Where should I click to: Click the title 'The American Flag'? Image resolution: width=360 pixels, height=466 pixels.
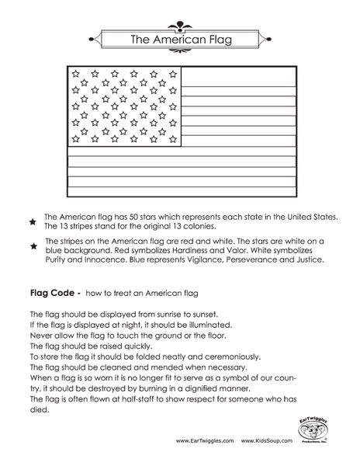point(179,38)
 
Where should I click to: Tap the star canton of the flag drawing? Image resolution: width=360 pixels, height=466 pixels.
point(125,106)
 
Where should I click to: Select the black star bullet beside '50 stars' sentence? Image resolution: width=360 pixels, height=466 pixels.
point(33,222)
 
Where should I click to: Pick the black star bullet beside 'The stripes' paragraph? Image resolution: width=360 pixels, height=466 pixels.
point(33,246)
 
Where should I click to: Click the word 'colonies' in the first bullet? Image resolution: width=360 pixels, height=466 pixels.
point(212,227)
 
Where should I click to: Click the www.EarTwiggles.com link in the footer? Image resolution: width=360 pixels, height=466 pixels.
point(205,440)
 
